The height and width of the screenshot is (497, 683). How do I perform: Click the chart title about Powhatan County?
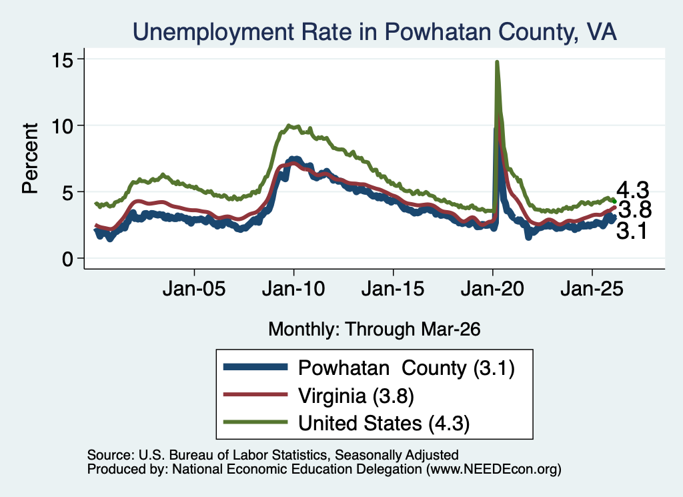coord(375,31)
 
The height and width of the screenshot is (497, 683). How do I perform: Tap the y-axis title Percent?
coord(30,158)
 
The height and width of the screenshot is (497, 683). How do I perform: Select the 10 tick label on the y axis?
coord(62,126)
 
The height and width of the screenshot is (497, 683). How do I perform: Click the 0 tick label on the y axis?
coord(67,259)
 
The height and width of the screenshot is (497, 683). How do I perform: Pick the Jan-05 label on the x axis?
coord(194,288)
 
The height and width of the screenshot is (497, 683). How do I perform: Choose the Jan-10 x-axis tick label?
coord(293,288)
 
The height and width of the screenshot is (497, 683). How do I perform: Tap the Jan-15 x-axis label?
coord(393,288)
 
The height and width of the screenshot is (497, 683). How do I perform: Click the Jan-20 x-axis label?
coord(492,288)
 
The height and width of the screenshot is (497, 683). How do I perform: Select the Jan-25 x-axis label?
coord(592,288)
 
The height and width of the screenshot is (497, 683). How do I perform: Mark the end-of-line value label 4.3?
coord(633,190)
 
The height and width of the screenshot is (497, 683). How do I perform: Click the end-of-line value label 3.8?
coord(635,209)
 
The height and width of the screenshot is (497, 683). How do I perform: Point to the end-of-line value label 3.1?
coord(632,230)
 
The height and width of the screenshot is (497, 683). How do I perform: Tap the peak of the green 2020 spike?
coord(496,62)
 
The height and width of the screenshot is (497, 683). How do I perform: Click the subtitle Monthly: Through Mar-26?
coord(374,329)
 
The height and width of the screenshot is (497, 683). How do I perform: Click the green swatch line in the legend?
coord(255,422)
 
